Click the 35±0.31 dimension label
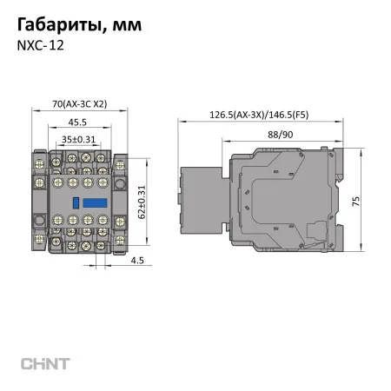(x=79, y=139)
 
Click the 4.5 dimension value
(x=137, y=260)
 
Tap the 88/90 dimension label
(x=280, y=133)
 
